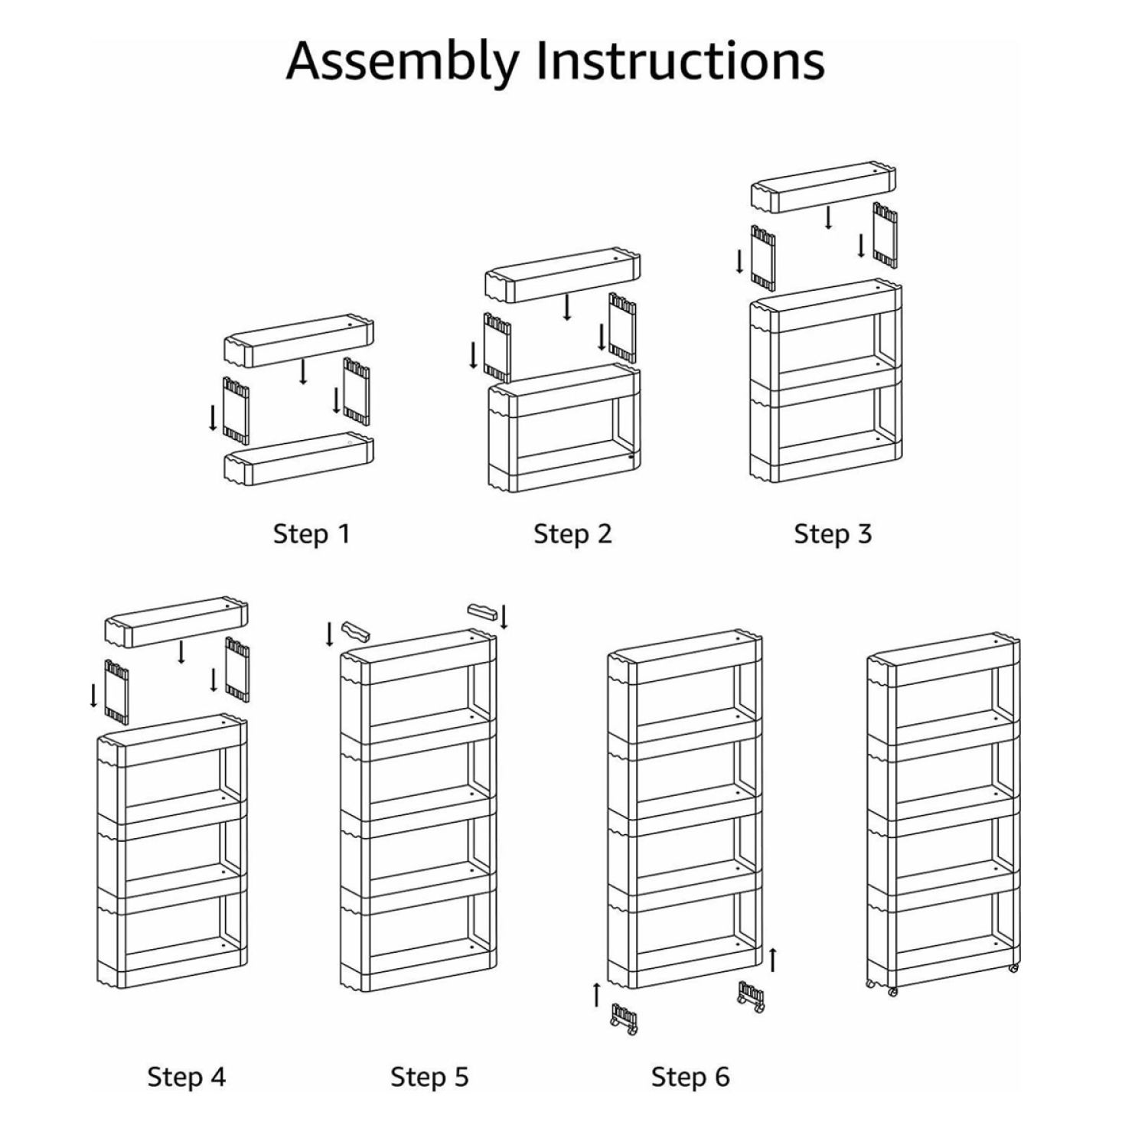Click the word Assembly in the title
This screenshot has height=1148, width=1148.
tap(403, 61)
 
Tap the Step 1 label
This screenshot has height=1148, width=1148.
tap(311, 533)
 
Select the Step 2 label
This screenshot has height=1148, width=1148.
tap(572, 533)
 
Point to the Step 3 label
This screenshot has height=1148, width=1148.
tap(833, 533)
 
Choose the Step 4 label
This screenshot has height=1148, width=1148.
tap(187, 1077)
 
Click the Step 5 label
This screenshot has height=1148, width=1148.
tap(429, 1077)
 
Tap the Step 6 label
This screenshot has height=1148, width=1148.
tap(690, 1077)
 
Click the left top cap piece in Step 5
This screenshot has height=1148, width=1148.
tap(356, 632)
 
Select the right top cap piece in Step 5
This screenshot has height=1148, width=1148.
tap(482, 612)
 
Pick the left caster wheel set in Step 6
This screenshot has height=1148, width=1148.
tap(624, 1019)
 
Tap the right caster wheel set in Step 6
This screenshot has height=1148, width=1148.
tap(751, 996)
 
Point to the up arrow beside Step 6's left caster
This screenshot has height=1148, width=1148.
tap(597, 995)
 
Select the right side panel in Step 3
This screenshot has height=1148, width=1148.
tap(885, 234)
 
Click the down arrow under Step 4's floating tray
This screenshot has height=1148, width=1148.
tap(181, 652)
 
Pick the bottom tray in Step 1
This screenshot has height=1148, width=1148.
tap(298, 459)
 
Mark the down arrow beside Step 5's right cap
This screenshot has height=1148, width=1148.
tap(504, 617)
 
